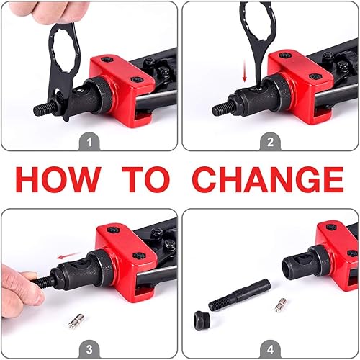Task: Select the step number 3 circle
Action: [89, 350]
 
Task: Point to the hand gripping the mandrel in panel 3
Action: [16, 284]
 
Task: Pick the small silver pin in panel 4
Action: [280, 305]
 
